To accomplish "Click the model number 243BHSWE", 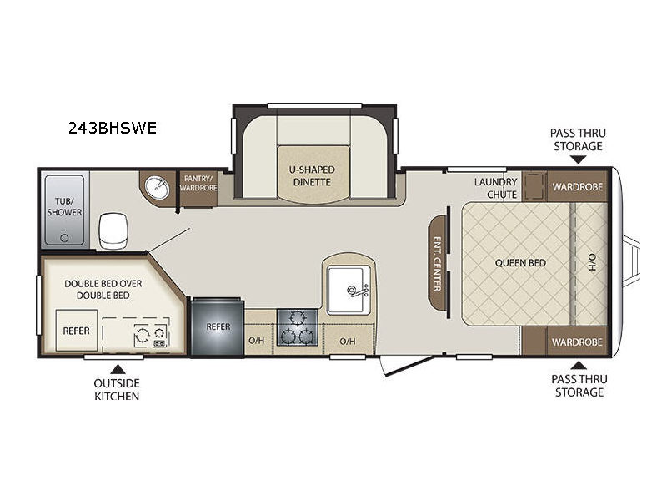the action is point(113,128).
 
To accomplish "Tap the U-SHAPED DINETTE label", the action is point(312,175).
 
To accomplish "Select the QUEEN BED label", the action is point(520,263).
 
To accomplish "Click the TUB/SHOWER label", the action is point(64,206).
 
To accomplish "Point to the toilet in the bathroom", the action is point(113,230).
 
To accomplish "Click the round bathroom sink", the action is point(157,187).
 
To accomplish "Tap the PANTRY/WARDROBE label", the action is point(198,183).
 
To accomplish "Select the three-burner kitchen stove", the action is point(298,327).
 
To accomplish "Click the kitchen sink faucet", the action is point(358,291).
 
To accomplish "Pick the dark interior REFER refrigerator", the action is point(218,326).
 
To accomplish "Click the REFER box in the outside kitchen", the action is point(77,331).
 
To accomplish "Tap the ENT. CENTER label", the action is point(437,264).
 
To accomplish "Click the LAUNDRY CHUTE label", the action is point(496,188).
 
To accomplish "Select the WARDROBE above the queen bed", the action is point(577,186).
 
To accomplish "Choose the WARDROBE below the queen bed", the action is point(577,342).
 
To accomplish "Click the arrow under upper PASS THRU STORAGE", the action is point(578,159).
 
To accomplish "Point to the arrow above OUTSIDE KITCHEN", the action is point(118,369).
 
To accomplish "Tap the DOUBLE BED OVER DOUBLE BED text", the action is point(103,289).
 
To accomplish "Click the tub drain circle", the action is point(64,238).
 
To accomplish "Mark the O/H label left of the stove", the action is point(257,341).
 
